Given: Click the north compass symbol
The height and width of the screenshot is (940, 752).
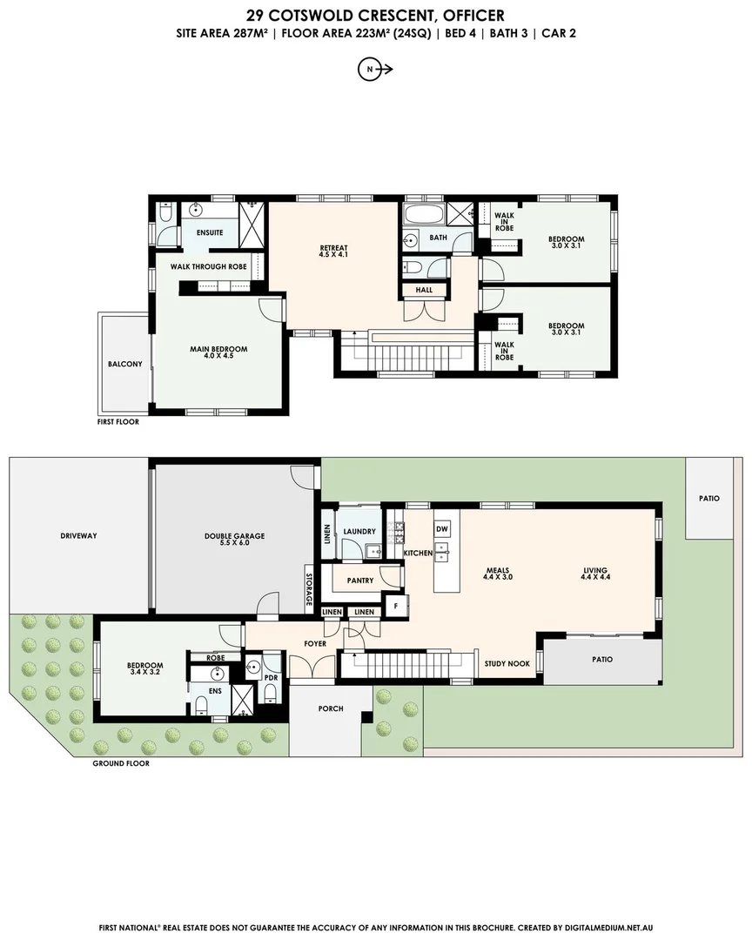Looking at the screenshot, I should [374, 70].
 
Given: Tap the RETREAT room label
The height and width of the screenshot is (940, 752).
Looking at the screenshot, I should [333, 252].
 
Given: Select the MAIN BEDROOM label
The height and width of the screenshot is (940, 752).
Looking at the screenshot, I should [218, 352].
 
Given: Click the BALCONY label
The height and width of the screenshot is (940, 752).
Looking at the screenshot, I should [124, 364].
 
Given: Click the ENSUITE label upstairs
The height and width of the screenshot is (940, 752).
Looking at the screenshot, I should [210, 232].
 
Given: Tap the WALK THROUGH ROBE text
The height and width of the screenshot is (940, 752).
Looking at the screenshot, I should [208, 266].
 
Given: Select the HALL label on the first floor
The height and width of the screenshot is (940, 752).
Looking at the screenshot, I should [424, 290].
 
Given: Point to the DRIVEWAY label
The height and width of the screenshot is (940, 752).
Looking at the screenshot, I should [78, 535].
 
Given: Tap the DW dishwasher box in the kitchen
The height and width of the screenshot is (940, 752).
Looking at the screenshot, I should [442, 528].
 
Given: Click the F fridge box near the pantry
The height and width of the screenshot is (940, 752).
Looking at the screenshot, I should [396, 604].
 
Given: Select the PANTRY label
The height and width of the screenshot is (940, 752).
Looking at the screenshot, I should [359, 581].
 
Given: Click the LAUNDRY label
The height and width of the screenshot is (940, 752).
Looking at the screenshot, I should [359, 531].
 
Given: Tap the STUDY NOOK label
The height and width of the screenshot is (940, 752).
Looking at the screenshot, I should [507, 663].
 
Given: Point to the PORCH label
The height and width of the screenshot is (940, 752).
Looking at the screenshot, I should [331, 708].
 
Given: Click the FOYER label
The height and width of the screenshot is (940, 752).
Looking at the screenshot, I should [314, 644].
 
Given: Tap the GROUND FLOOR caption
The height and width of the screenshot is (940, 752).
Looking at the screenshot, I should [121, 763].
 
